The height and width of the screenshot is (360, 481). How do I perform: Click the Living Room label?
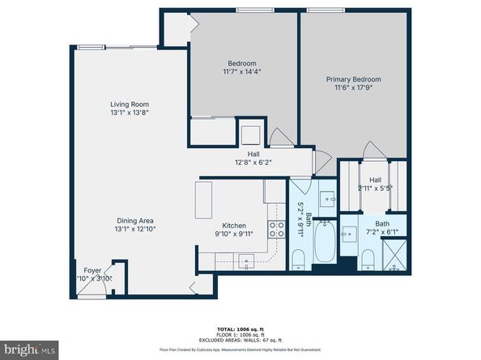(x=130, y=104)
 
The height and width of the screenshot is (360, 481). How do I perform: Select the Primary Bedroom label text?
(x=353, y=79)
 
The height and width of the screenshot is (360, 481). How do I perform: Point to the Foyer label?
(x=92, y=269)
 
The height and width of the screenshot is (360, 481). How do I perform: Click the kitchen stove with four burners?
(x=275, y=228)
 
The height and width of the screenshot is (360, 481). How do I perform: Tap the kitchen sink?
(x=242, y=260)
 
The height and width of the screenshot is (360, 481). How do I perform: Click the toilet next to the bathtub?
(x=299, y=260)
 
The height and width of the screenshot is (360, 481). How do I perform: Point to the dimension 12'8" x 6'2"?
(x=253, y=162)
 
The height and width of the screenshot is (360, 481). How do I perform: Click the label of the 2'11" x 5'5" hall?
(x=376, y=184)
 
